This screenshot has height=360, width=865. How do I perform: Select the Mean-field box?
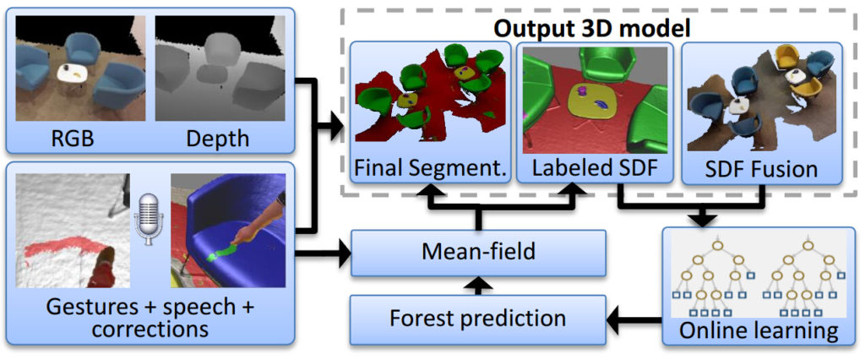[478, 253]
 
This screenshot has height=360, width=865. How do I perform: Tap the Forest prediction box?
[478, 319]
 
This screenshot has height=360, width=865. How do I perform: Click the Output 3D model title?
[593, 28]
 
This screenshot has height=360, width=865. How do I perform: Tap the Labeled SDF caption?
[595, 166]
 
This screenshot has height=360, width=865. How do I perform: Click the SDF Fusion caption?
[763, 168]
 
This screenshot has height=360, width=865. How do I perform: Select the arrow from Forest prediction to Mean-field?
[478, 286]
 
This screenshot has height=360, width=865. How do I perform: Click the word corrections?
[150, 330]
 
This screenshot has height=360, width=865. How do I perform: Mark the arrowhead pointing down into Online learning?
[704, 219]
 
